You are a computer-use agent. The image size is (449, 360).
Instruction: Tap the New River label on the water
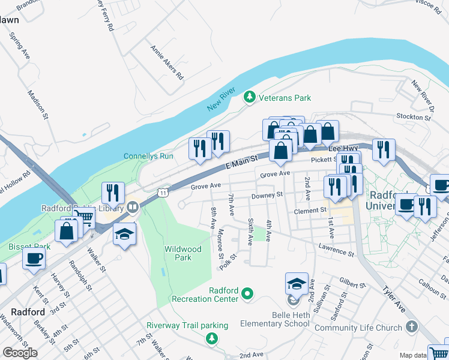point(219,100)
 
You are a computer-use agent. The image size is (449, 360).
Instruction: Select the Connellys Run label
point(148,156)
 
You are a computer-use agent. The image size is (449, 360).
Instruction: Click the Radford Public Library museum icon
point(132,208)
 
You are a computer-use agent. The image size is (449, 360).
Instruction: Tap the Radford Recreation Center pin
point(247,294)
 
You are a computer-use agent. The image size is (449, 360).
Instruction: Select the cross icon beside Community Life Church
point(411,327)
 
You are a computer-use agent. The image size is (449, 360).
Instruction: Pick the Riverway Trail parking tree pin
point(211,339)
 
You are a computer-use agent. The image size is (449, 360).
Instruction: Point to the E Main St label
point(241,161)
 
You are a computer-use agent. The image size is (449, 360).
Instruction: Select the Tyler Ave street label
point(395,298)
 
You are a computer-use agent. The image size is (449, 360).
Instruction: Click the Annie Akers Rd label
point(167,62)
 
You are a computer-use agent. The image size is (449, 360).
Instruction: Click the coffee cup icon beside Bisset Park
point(34,258)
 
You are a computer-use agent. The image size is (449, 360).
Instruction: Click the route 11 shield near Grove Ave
point(163,192)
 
